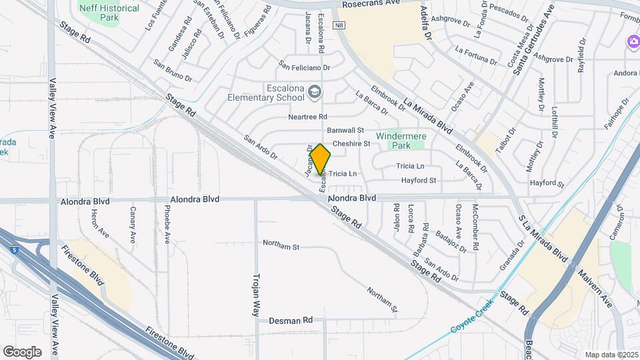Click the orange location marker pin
pos(320,160)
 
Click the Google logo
pos(22,351)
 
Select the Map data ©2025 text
pos(611,355)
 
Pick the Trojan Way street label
pos(256,293)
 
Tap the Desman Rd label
pos(291,321)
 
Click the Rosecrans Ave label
pos(369,4)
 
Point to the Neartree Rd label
pos(307,117)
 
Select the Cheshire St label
pos(351,143)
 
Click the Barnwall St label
pos(345,130)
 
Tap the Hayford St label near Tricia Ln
pos(418,180)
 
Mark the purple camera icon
pos(633,42)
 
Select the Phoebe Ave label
pos(166,223)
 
